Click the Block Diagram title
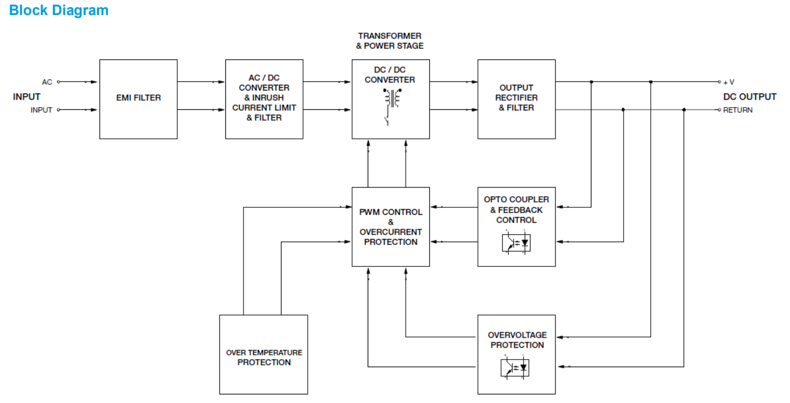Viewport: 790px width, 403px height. tap(59, 10)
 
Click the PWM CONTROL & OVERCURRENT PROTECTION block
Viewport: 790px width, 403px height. tap(390, 227)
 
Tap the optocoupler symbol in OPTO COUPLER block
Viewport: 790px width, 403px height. tap(516, 242)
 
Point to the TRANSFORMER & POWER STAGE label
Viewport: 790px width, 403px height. tap(390, 41)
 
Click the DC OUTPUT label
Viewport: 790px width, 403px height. tap(749, 96)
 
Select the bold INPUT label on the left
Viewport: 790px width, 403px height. tap(27, 96)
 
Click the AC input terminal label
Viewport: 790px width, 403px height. tap(47, 82)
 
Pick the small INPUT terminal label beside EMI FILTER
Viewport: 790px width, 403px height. tap(41, 110)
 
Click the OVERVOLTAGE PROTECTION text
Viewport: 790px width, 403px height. tap(516, 340)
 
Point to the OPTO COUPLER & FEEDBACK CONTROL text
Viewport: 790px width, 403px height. tap(516, 210)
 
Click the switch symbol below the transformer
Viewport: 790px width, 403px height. tap(387, 119)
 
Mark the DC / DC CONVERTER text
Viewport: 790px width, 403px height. tap(390, 74)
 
